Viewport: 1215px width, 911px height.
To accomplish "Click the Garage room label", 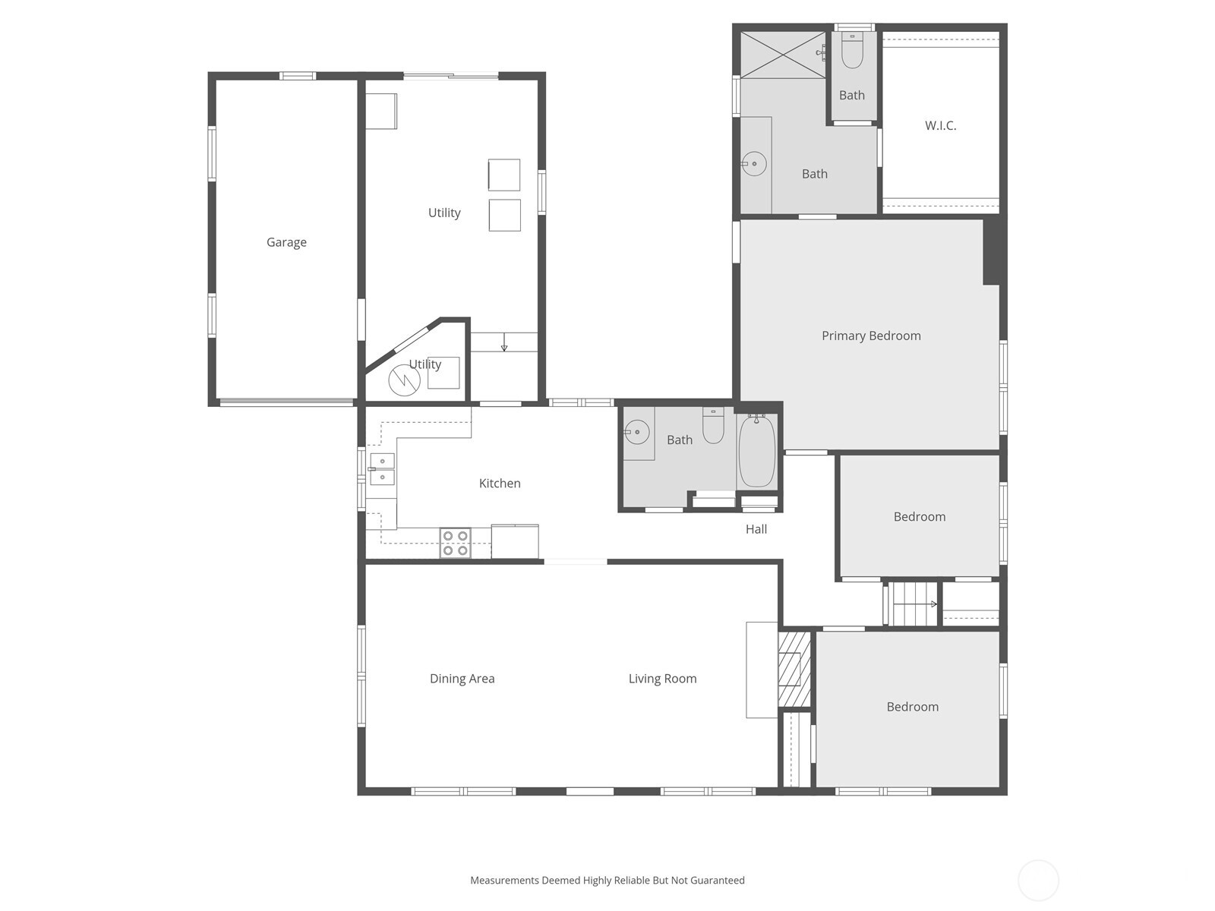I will click(x=286, y=242).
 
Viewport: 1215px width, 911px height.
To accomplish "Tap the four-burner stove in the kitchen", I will click(x=455, y=543).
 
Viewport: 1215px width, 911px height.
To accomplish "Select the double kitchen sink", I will click(x=382, y=469).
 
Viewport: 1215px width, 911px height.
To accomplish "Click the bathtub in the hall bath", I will click(x=756, y=451).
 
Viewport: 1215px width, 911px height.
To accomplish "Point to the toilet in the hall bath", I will click(x=713, y=425).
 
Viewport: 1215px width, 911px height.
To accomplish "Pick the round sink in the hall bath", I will click(x=636, y=432).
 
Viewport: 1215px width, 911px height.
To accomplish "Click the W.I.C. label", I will click(x=940, y=125).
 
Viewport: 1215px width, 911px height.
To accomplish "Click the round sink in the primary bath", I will click(x=754, y=163).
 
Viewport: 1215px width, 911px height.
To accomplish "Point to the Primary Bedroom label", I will click(x=871, y=336).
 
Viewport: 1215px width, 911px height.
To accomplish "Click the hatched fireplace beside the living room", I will click(x=794, y=669).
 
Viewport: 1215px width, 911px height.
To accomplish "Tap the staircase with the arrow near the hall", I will click(x=914, y=604).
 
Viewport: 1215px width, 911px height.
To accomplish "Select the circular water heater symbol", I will click(x=404, y=380).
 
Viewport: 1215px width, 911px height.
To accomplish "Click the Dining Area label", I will click(x=462, y=679).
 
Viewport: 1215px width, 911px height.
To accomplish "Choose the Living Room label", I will click(x=662, y=679).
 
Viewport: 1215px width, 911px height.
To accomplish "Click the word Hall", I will click(x=756, y=529).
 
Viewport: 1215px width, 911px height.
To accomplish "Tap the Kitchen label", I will click(x=500, y=483).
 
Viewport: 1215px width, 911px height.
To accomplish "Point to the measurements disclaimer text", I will click(x=607, y=881).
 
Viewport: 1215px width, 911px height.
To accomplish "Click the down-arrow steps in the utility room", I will click(x=504, y=343).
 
